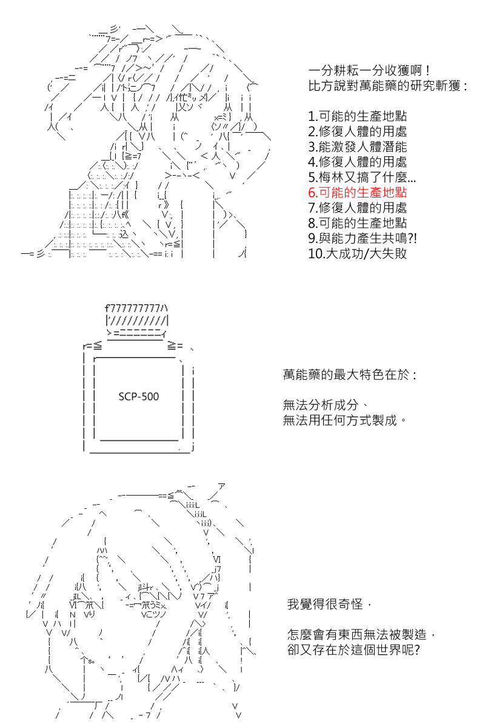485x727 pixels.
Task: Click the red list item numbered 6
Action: [x=357, y=193]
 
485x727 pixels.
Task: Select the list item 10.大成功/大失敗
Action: [x=357, y=253]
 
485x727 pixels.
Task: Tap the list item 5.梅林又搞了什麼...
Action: [x=362, y=177]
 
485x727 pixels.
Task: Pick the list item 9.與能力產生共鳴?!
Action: [x=362, y=238]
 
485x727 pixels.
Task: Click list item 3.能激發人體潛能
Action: [x=357, y=147]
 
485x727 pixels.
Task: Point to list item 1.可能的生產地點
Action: [x=357, y=116]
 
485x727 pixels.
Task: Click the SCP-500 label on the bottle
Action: [x=139, y=397]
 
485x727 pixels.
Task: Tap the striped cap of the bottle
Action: [x=137, y=315]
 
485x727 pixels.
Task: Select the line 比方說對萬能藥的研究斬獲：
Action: [x=388, y=86]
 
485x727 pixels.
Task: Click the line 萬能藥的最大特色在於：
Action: [x=350, y=375]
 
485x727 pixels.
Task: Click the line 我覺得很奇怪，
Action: [x=329, y=604]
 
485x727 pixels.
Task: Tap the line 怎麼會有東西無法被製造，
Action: [x=361, y=634]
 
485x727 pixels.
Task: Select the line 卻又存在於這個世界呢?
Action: [x=354, y=649]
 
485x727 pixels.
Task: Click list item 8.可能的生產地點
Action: [x=357, y=223]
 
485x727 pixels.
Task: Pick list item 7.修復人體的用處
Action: [x=357, y=208]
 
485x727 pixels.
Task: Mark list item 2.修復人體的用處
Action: [x=357, y=131]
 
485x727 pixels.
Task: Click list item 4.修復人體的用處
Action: [x=357, y=162]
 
